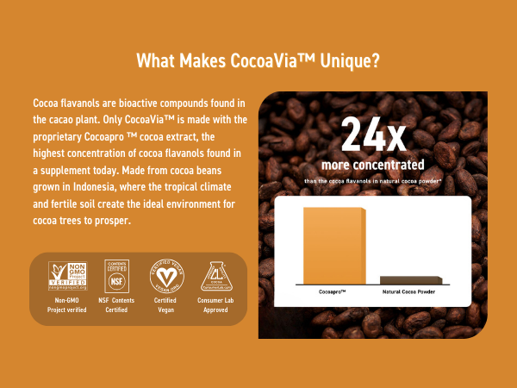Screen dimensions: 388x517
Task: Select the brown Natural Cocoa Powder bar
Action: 412,280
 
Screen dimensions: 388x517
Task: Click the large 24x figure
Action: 372,135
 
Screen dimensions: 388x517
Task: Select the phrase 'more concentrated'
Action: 372,164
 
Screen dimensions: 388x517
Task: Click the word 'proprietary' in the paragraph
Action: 58,135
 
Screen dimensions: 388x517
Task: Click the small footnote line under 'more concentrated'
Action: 372,180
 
